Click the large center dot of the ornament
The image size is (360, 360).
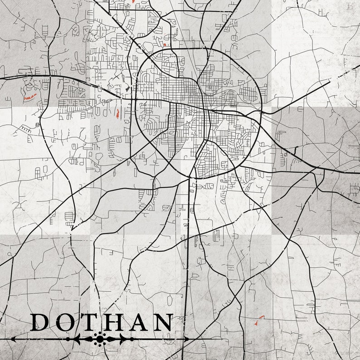pos(99,339)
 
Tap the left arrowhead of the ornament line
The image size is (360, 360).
pos(13,339)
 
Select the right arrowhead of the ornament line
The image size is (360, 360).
pos(186,339)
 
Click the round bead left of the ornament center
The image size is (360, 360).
pos(68,339)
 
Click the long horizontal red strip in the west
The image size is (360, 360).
pos(30,97)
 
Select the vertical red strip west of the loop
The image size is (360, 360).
pos(118,113)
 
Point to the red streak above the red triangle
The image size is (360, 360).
pos(261,316)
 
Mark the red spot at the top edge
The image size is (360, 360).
pos(134,1)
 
